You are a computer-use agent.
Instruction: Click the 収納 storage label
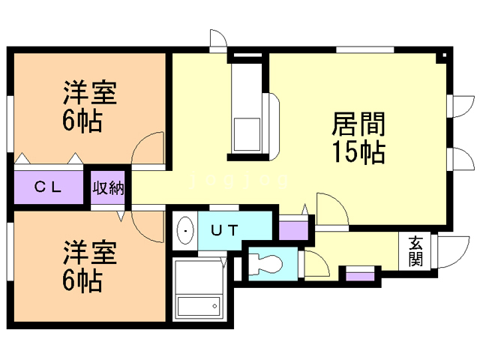point(108,187)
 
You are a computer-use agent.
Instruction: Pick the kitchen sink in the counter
point(245,133)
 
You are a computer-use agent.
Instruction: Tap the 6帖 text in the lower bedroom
point(82,282)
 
